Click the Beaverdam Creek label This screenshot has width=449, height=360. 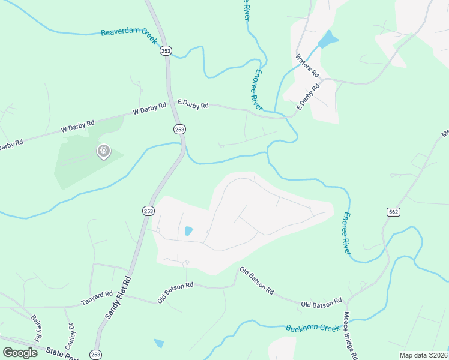point(128,35)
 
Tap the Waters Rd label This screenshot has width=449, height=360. point(307,66)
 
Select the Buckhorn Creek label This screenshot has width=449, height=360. point(313,328)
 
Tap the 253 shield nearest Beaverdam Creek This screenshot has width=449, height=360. point(166,52)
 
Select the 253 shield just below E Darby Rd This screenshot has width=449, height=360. point(179,129)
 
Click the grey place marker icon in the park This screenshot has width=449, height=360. point(103,151)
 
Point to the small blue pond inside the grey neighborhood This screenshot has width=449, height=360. point(189,231)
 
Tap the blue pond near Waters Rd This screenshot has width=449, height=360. point(327,40)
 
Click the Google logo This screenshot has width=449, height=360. point(20,352)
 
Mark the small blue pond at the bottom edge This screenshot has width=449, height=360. point(158,343)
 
